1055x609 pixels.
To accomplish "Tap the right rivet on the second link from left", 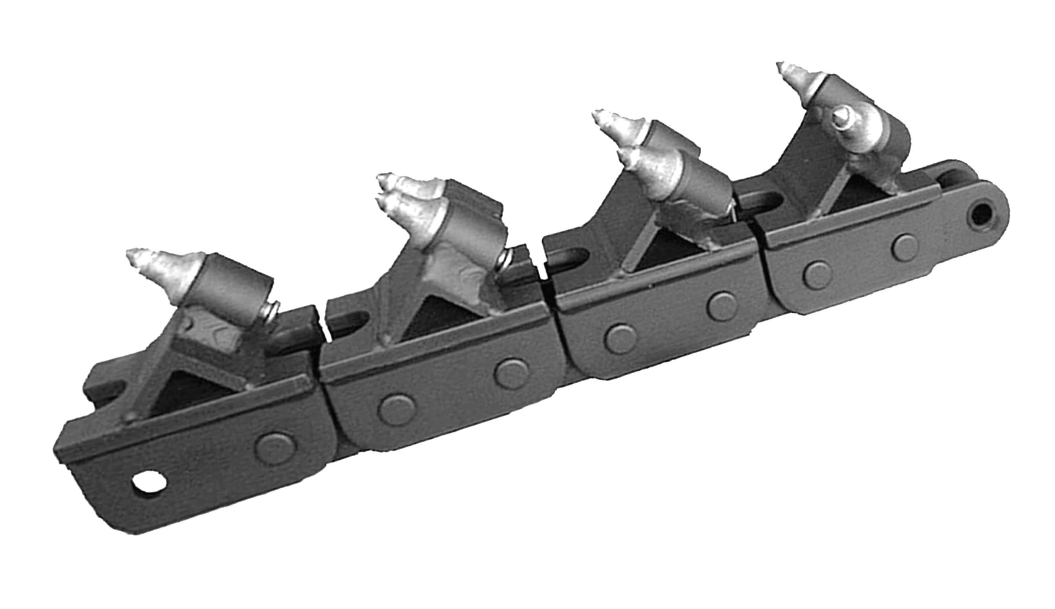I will point(512,372).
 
